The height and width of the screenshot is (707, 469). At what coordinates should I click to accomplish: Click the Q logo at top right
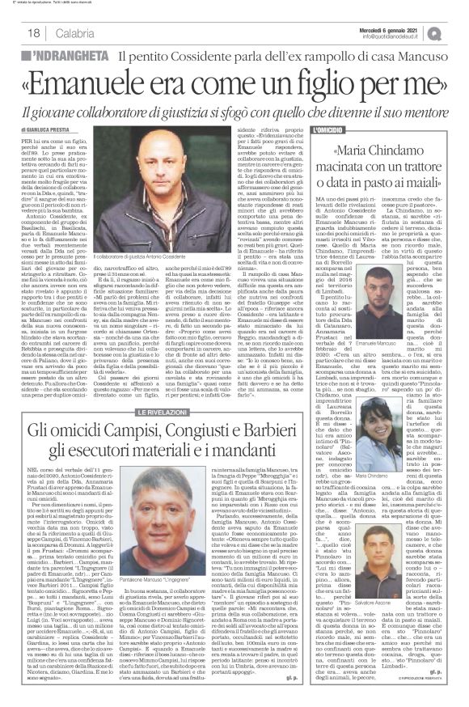pos(457,32)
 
